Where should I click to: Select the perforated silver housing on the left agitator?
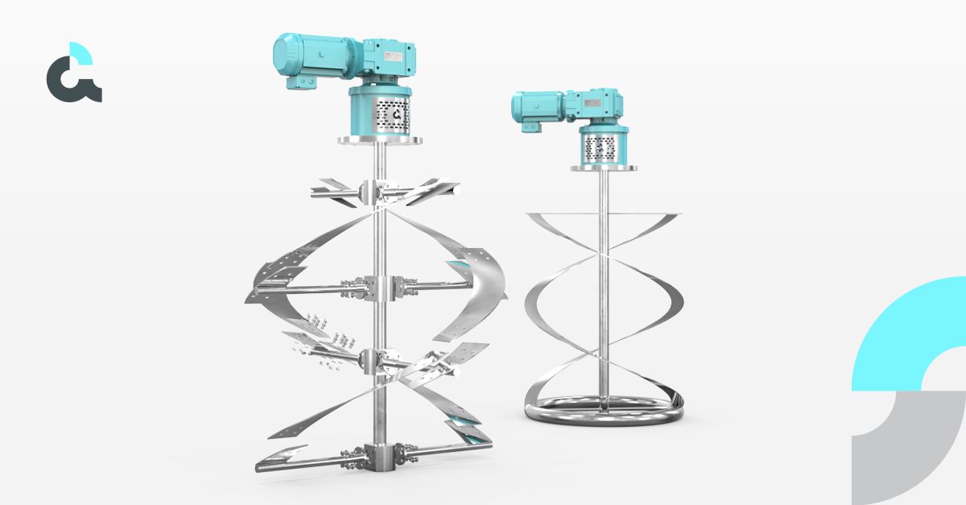380,115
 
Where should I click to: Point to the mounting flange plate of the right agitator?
599,168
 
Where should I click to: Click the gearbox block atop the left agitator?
386,58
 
